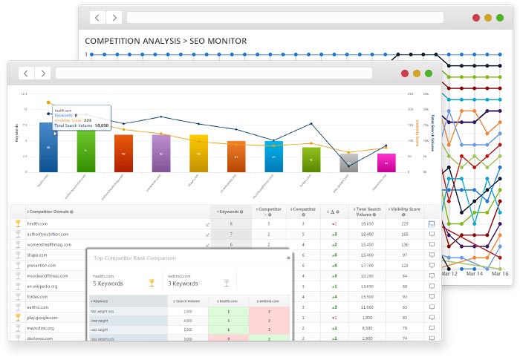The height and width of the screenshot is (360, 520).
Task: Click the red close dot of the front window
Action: click(405, 73)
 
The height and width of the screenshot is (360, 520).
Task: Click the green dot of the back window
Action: click(501, 17)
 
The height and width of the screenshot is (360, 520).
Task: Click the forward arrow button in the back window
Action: click(114, 17)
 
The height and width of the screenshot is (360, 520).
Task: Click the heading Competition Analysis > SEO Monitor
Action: click(166, 40)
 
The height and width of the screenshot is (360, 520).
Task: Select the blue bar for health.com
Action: click(48, 146)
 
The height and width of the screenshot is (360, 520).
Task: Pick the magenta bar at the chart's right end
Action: click(386, 162)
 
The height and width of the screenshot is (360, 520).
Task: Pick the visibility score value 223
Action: click(405, 223)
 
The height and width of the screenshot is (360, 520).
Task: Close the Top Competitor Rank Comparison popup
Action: click(289, 257)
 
